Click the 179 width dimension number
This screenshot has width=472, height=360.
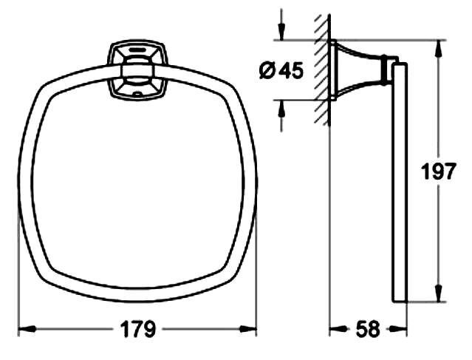138,329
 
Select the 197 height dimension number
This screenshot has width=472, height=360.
438,171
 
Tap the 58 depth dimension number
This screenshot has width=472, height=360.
368,329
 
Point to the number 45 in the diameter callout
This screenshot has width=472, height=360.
291,71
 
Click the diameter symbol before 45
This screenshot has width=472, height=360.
267,71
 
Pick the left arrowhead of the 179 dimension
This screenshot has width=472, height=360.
27,329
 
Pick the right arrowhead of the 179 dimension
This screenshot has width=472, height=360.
248,329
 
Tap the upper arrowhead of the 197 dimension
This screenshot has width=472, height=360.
438,49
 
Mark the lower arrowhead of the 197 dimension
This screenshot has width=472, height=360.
438,293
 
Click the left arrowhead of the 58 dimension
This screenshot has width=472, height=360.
338,329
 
